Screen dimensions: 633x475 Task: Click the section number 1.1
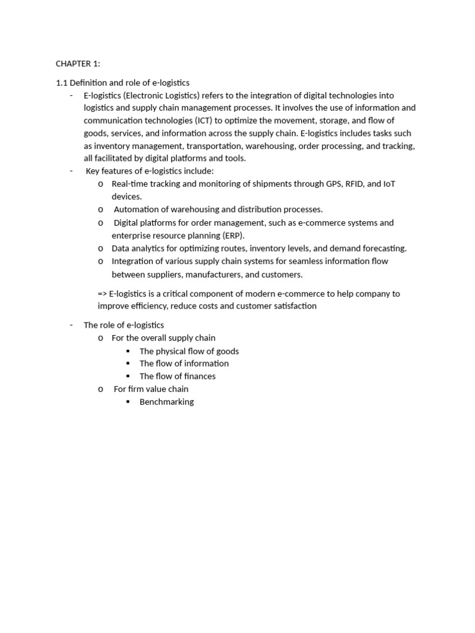61,82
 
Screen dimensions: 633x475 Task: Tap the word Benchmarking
166,402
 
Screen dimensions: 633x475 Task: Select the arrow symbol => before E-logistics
102,294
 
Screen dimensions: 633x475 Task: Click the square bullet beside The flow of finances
128,376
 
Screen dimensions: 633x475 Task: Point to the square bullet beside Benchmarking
128,402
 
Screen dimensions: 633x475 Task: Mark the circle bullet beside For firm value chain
100,389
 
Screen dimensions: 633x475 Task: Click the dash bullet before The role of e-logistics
72,325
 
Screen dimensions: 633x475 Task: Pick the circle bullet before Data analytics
100,249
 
